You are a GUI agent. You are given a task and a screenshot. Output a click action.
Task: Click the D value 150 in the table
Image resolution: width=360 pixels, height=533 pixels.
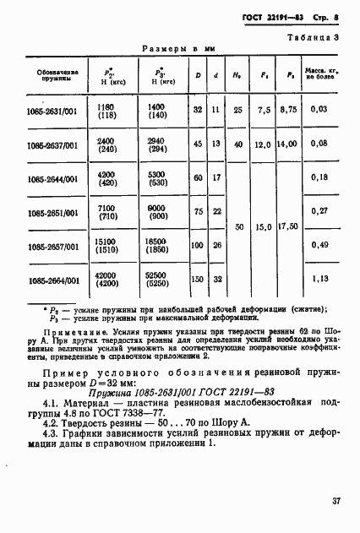point(198,280)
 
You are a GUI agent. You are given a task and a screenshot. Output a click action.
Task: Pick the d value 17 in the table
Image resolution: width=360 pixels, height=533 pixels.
point(216,177)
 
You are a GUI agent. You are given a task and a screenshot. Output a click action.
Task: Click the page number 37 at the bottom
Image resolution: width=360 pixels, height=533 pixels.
point(335,501)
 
